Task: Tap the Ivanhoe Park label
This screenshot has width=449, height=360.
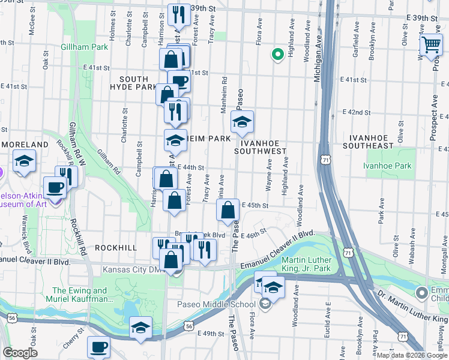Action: point(388,165)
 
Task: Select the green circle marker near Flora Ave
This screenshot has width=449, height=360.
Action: point(277,55)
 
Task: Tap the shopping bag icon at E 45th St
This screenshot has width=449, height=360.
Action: point(228,211)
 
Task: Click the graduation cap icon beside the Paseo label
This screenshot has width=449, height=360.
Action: point(242,122)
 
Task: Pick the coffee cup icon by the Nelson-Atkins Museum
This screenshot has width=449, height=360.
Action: point(55,187)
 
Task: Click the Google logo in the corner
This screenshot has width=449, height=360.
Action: point(20,353)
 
